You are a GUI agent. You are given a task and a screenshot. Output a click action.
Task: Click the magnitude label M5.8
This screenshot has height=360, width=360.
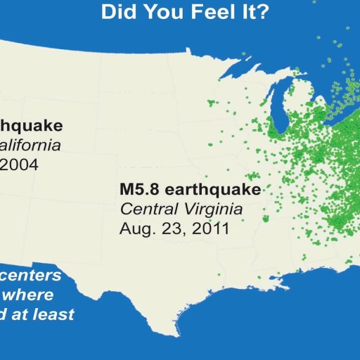pos(138,190)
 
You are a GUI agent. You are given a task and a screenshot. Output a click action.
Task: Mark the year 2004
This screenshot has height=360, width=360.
pos(20,165)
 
